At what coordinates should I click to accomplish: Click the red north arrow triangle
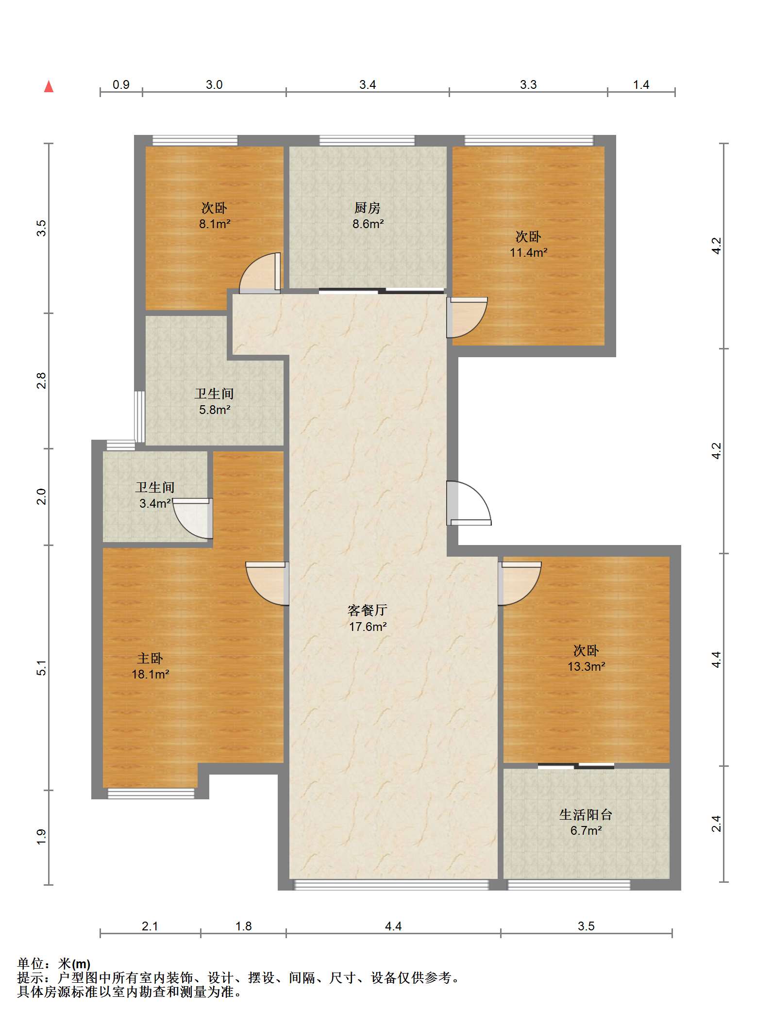point(49,87)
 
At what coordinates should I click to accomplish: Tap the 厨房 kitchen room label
point(368,208)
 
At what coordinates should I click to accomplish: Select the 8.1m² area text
point(214,224)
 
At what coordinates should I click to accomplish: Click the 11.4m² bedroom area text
point(528,253)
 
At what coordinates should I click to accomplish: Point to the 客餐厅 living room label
point(368,610)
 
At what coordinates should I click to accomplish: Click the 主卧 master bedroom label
point(150,659)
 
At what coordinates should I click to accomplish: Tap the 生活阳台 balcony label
point(586,815)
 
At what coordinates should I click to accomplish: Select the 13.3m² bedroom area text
point(586,667)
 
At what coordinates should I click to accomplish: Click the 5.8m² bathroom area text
point(214,410)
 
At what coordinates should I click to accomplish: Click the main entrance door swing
point(467,504)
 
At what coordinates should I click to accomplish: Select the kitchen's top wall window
point(367,141)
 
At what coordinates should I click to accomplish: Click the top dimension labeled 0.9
point(121,85)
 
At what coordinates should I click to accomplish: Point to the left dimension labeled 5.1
point(42,668)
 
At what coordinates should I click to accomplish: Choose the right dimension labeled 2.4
point(717,824)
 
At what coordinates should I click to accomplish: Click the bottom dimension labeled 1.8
point(243,926)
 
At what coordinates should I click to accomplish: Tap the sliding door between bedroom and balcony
point(576,766)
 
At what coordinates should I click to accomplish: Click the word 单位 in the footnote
point(30,964)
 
